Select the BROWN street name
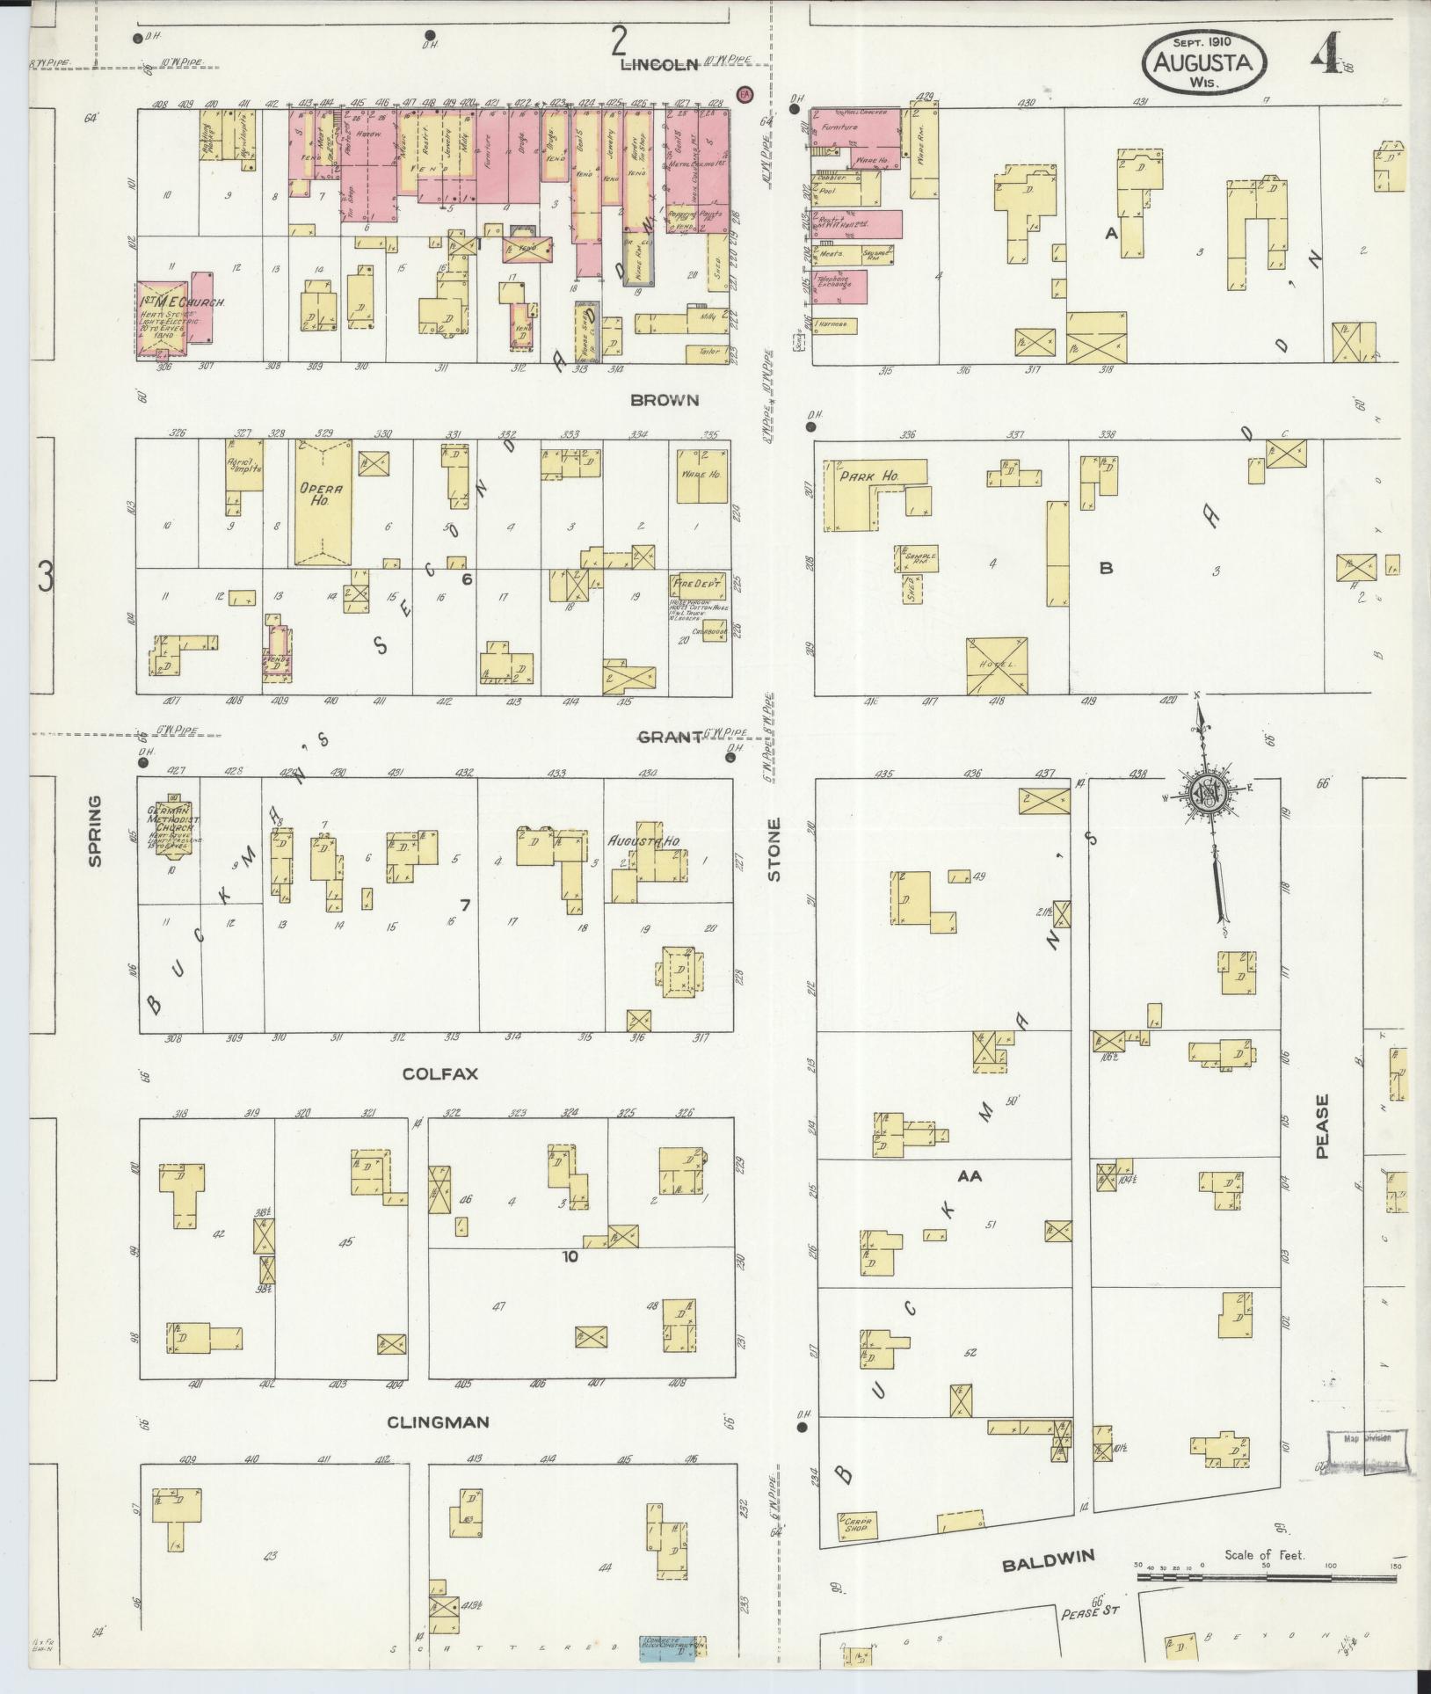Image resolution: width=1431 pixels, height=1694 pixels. [665, 400]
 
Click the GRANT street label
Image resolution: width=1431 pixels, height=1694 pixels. [669, 737]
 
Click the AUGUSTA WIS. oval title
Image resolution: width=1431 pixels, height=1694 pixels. [1205, 62]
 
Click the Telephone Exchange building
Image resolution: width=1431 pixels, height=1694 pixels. [840, 286]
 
